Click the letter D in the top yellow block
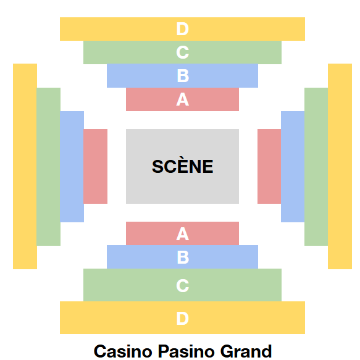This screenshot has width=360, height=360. pos(183,29)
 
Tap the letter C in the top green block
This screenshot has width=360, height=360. pos(183,52)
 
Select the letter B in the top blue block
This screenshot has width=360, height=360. pos(183,76)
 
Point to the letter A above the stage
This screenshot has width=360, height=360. pos(183,99)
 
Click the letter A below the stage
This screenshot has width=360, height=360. pos(183,234)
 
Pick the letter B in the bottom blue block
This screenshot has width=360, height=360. pos(183,257)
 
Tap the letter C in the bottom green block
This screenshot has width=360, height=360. pos(183,286)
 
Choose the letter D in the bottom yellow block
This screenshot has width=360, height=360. pos(183,319)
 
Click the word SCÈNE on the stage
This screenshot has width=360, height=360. pos(183,165)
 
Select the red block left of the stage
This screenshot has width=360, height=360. pos(95,166)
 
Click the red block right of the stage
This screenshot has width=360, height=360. pos(269,166)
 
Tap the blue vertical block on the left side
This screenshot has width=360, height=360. pos(72,167)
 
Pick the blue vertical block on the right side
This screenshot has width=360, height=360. pos(293,167)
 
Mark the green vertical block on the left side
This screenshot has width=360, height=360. pos(48,167)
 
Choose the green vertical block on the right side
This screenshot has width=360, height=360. pos(316,167)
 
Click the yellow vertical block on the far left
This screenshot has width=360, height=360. pos(25,166)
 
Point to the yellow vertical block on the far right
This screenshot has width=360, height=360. pos(340,166)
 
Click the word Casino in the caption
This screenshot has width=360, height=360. pos(123,351)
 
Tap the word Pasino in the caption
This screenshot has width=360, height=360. pos(186,351)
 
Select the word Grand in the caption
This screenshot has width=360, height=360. pos(246,351)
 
